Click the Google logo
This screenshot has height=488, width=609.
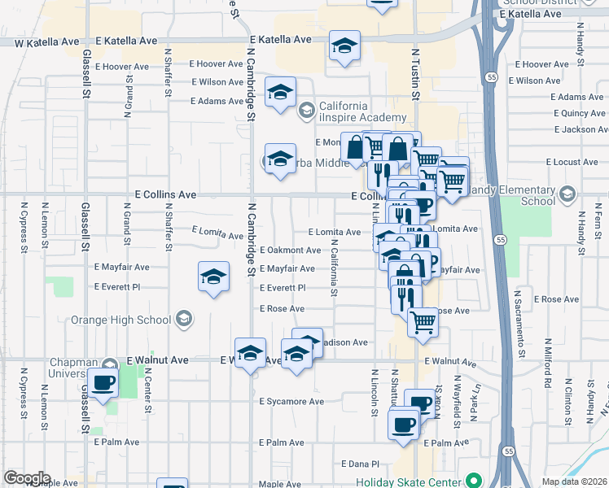27,478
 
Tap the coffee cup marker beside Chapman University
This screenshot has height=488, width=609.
103,381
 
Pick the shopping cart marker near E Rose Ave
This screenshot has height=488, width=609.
423,321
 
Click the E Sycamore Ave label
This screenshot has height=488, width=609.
291,402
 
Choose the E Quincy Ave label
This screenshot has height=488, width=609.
577,113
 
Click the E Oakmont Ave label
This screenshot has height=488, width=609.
291,250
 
